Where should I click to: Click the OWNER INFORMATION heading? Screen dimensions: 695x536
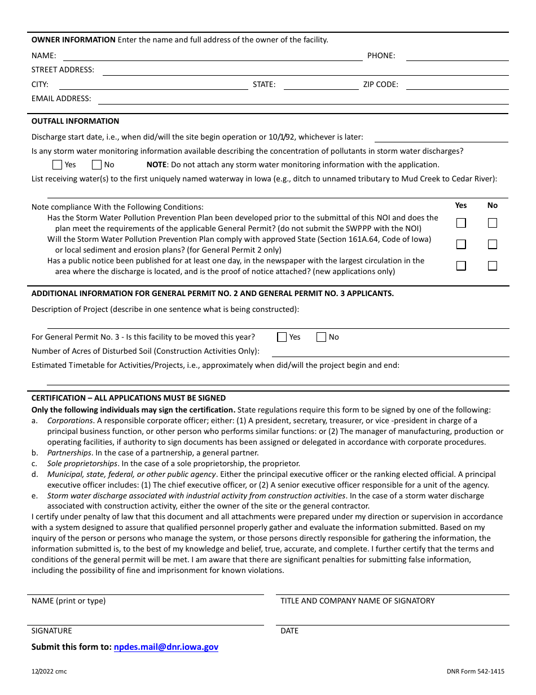(73, 40)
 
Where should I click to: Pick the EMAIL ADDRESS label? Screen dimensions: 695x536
(61, 98)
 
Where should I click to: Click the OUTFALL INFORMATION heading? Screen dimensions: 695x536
(75, 121)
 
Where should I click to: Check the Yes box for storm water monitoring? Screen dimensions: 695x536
(57, 165)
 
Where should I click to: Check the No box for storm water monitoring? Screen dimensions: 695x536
(96, 165)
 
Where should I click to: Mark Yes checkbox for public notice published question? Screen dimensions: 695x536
(461, 266)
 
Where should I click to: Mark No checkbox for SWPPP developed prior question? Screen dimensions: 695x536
(493, 223)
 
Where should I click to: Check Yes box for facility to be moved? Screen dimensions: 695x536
(282, 337)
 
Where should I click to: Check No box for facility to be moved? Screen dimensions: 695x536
(322, 337)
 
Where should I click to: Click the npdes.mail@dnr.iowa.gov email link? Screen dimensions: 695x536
(166, 647)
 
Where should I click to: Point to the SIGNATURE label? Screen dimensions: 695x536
(52, 631)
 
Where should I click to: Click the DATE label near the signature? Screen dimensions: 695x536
(289, 631)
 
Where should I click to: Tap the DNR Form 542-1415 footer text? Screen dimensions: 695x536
(476, 671)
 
